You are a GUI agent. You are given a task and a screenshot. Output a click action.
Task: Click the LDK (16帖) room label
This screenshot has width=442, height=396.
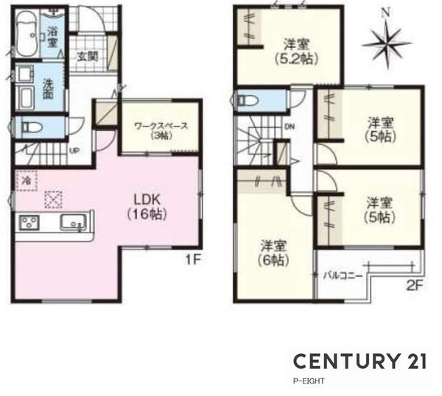[147, 207]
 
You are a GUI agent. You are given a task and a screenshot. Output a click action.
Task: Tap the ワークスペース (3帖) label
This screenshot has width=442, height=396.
[161, 130]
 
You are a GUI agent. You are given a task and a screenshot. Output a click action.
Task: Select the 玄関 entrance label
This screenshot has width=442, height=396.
[88, 57]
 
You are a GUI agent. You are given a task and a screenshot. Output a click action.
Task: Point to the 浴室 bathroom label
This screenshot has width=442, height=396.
[52, 37]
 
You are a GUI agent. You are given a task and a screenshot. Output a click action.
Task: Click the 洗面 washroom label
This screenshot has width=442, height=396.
[48, 88]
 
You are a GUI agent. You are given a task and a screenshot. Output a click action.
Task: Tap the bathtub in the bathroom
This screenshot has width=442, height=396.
[27, 34]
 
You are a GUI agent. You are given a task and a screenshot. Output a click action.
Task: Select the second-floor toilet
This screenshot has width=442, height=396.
[248, 100]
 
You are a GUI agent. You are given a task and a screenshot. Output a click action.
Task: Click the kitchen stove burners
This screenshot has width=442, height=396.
[29, 222]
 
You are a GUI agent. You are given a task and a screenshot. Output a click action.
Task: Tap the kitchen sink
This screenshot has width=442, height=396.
[73, 222]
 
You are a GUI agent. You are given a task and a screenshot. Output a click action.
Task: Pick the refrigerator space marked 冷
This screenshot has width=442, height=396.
[27, 180]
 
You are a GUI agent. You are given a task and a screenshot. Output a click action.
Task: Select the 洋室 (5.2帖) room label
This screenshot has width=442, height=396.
[297, 52]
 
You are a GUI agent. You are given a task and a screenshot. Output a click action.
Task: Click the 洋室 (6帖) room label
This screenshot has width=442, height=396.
[273, 253]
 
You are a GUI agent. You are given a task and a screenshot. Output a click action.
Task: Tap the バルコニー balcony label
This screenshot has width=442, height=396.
[343, 275]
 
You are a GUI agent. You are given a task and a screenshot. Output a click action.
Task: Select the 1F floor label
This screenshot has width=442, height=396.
[193, 260]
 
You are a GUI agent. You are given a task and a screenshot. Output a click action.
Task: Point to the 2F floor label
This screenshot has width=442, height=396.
[415, 286]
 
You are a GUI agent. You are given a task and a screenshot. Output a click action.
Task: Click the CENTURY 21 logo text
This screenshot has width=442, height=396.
[360, 361]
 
